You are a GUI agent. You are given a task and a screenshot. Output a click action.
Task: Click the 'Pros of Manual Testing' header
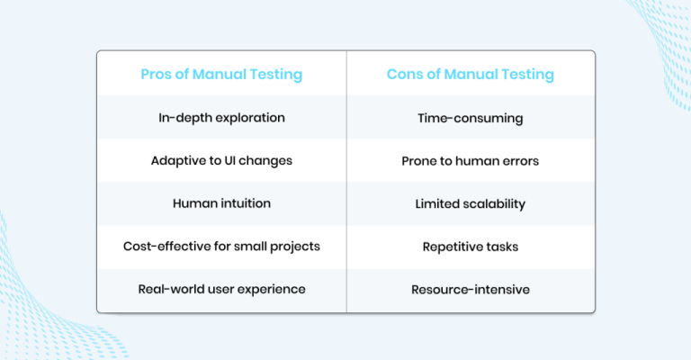(x=221, y=74)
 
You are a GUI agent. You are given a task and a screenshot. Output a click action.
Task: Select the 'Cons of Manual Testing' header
(x=471, y=74)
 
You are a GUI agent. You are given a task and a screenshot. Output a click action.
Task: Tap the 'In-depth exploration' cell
(x=221, y=118)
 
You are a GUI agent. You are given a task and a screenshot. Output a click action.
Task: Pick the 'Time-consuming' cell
(x=471, y=118)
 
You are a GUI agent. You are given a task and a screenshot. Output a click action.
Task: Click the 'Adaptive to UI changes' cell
(x=221, y=161)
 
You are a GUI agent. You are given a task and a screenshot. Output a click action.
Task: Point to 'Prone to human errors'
(x=471, y=161)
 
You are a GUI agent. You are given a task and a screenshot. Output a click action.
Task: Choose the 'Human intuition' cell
(x=221, y=203)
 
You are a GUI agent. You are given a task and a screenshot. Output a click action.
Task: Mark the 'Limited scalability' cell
(x=471, y=203)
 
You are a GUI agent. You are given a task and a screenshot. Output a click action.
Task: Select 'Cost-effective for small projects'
(x=221, y=247)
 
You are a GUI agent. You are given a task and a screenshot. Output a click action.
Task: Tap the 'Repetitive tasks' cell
(x=471, y=247)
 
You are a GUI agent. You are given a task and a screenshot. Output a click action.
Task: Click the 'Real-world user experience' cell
(x=221, y=289)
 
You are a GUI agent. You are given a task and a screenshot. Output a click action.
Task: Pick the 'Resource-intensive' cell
(x=471, y=289)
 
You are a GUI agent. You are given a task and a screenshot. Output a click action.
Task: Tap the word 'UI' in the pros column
(x=232, y=161)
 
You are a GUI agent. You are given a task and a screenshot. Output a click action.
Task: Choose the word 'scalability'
(x=494, y=203)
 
